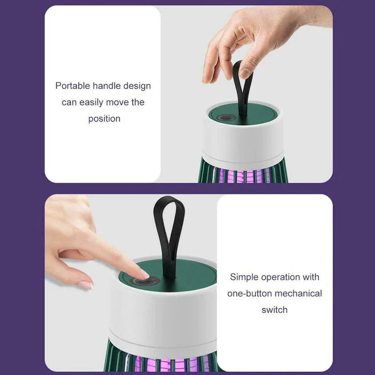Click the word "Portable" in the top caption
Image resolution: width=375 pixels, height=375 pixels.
72,86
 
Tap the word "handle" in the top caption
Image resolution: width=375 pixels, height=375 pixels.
107,86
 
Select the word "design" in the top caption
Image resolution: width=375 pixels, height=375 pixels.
137,86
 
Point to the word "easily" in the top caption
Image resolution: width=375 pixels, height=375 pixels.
91,102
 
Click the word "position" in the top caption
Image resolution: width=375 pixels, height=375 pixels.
104,118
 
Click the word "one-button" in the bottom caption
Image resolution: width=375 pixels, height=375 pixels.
250,294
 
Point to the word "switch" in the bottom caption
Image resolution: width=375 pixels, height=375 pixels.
274,310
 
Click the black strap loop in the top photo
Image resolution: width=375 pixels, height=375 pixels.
242,86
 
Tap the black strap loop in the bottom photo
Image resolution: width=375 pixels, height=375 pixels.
169,230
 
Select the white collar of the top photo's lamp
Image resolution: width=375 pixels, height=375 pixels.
244,142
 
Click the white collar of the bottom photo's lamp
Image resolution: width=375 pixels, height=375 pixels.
166,316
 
